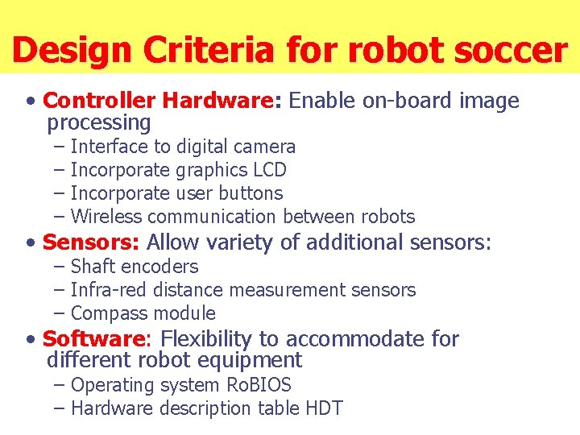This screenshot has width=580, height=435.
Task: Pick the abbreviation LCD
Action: point(269,170)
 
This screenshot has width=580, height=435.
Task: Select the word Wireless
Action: point(106,217)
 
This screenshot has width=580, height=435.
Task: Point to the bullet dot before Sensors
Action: point(30,242)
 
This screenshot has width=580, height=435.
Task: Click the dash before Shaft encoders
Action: point(60,267)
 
